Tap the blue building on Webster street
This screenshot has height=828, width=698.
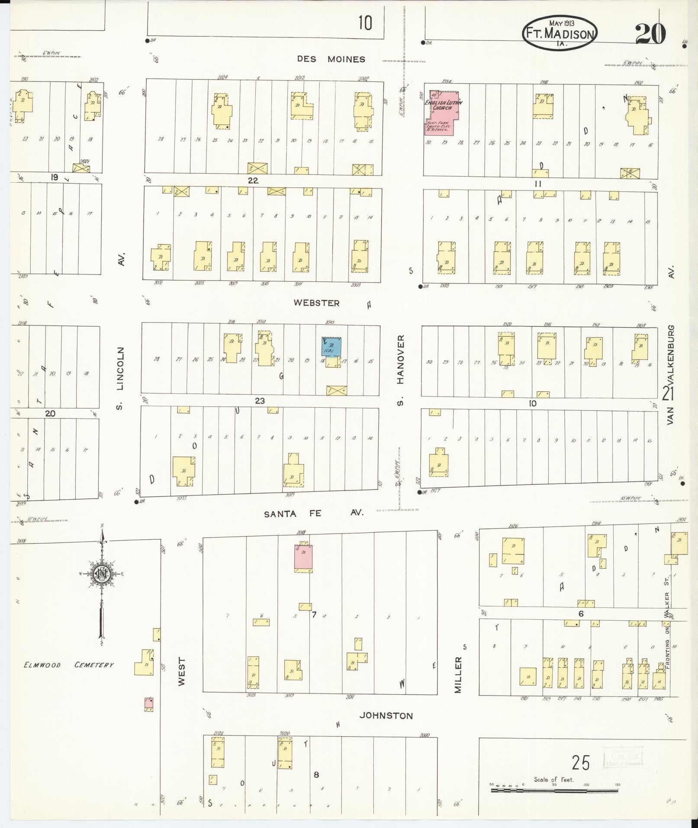pos(331,347)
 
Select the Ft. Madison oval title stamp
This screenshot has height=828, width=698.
pos(560,34)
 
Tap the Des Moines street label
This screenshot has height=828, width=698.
pos(331,59)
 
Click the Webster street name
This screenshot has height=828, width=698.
pos(316,303)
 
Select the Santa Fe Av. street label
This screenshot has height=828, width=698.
pos(314,513)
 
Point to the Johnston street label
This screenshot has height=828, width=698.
pos(386,715)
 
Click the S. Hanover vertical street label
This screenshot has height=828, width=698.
pos(400,370)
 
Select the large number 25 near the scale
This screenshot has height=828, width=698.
pos(580,763)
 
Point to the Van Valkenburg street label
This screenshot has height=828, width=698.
pos(670,374)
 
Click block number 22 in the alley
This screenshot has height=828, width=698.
pos(253,180)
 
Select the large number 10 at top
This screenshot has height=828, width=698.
pos(365,23)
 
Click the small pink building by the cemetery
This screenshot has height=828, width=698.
pos(148,703)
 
